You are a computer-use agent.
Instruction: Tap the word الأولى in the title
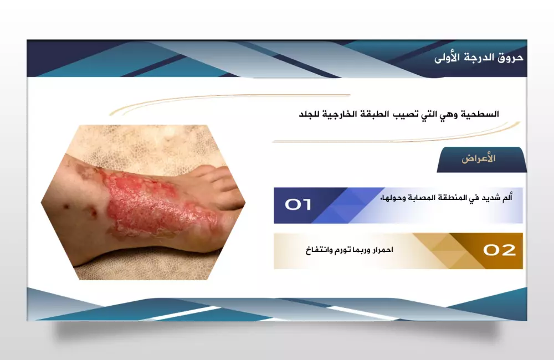click(448, 57)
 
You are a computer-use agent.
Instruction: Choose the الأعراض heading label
click(479, 159)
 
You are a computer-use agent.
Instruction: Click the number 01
click(298, 205)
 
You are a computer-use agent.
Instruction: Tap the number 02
click(499, 250)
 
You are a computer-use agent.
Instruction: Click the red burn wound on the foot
click(144, 202)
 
